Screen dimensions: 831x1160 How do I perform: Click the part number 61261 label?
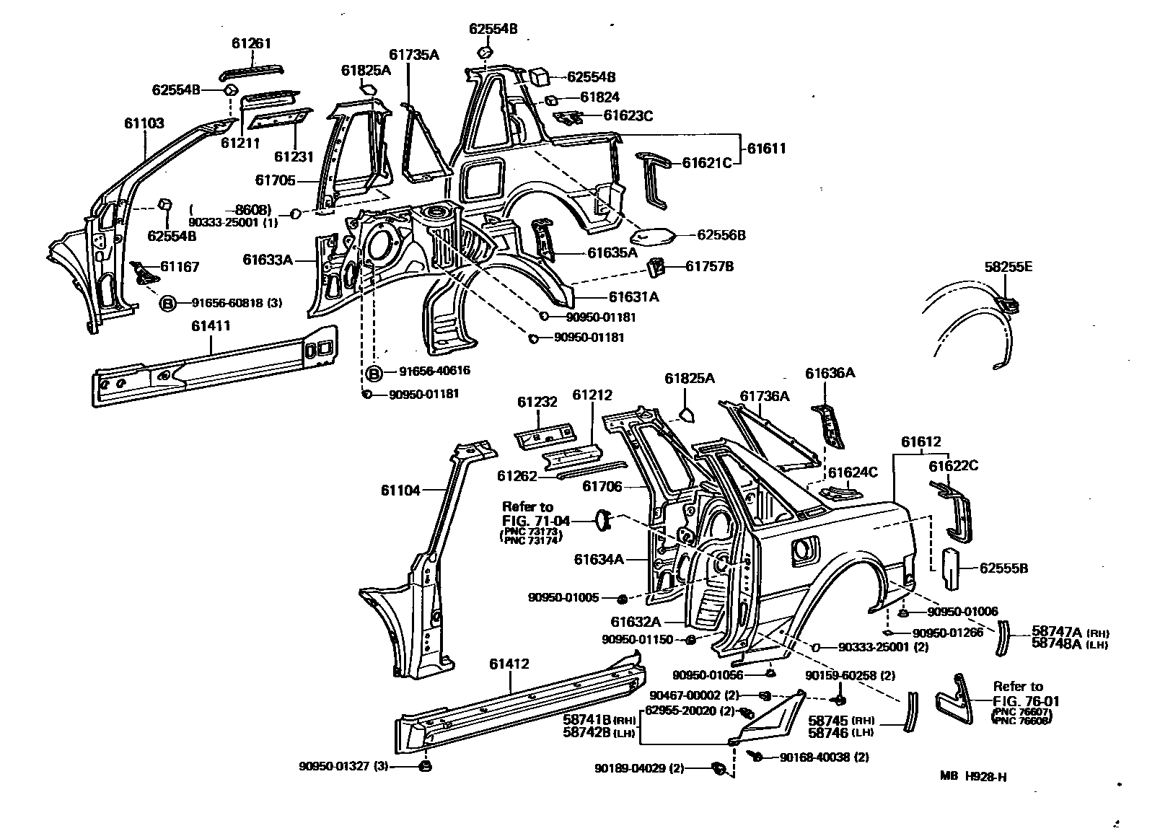pos(251,43)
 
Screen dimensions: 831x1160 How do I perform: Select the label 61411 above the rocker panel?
pos(211,326)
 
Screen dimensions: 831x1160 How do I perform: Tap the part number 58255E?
pos(1008,267)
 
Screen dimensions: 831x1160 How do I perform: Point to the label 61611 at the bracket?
pos(765,149)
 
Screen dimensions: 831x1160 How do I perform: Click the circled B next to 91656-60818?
pos(167,304)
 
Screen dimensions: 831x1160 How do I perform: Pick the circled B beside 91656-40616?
pos(374,372)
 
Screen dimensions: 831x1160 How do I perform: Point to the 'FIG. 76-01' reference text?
pos(1026,700)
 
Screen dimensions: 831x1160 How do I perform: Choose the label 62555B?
pos(1003,568)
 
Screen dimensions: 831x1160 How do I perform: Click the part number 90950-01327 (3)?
pos(343,766)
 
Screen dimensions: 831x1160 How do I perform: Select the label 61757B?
pos(709,267)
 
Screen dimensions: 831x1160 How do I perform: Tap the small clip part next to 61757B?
pos(656,266)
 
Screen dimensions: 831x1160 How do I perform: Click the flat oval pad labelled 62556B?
pos(652,234)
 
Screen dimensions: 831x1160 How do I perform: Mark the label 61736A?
pos(765,396)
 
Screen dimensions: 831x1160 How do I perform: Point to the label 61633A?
pos(268,260)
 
